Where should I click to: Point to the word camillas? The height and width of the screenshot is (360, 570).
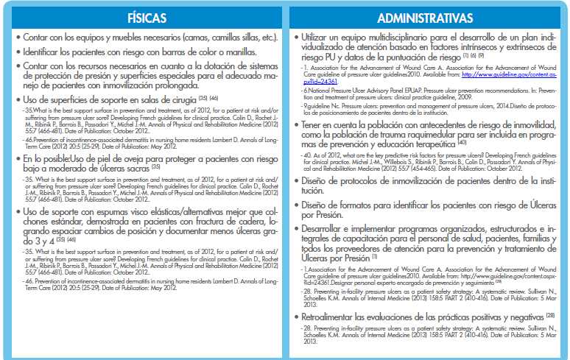196,36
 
